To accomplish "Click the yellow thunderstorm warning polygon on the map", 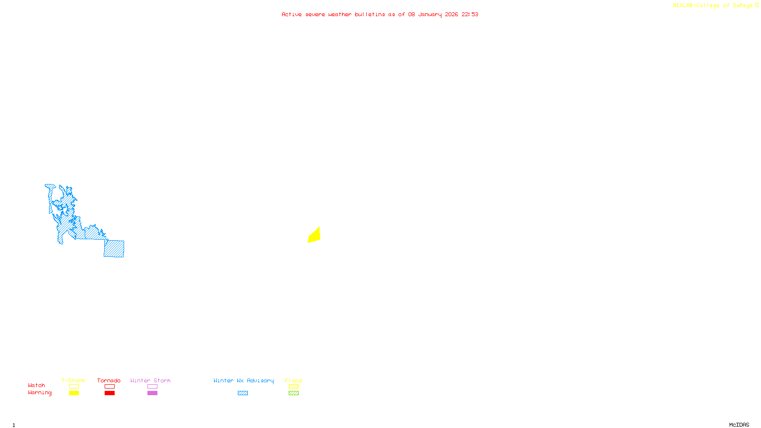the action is (x=314, y=236).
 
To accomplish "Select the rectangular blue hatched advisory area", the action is (x=114, y=249).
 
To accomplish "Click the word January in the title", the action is (x=430, y=15).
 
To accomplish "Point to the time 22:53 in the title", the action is (x=470, y=15).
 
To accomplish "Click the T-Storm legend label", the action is (x=73, y=380).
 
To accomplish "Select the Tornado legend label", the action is (x=109, y=380).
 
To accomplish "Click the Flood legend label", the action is (x=293, y=380).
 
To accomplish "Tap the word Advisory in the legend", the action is (x=260, y=380).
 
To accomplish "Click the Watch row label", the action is (x=37, y=386).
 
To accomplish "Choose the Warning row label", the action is (x=40, y=393).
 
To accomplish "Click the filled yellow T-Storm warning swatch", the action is (x=74, y=393).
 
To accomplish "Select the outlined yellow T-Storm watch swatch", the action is (x=74, y=387).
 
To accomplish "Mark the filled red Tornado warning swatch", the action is (x=110, y=393).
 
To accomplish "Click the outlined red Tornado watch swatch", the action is (x=110, y=387).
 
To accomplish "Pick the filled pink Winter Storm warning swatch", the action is (x=152, y=393).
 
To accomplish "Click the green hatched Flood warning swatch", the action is (x=294, y=393).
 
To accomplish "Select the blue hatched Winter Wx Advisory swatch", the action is (x=243, y=393).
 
